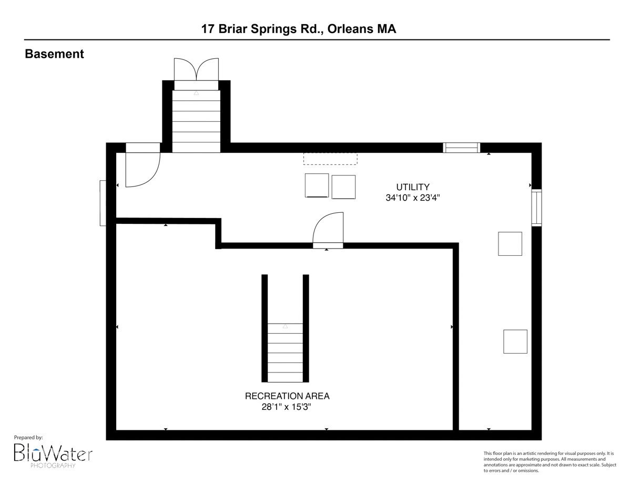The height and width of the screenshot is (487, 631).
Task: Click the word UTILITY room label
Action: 413,187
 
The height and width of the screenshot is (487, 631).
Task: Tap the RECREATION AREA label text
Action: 287,396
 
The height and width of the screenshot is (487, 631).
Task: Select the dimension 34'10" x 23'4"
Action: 413,198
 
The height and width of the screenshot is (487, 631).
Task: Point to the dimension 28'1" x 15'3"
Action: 287,407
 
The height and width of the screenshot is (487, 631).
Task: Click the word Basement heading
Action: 54,54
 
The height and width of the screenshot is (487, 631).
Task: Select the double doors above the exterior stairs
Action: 196,69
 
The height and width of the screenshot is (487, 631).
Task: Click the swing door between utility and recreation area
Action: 328,231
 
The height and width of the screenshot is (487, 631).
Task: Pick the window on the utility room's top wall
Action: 461,148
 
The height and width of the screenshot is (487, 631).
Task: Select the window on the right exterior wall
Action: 537,208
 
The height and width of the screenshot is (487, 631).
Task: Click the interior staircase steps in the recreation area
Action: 285,353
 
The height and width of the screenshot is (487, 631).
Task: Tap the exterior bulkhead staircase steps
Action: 196,121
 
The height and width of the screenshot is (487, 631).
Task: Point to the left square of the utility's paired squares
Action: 317,185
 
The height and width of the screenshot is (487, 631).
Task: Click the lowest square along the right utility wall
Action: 515,341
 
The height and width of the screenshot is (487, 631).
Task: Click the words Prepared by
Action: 28,438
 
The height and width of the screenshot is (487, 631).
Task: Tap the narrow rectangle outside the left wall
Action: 103,203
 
